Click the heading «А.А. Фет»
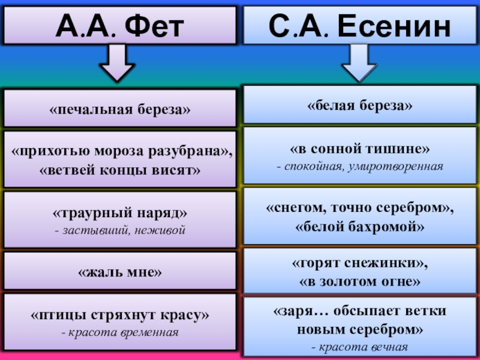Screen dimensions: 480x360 tap(119, 25)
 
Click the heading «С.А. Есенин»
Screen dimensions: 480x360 tap(360, 25)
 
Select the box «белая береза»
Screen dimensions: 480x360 tap(360, 105)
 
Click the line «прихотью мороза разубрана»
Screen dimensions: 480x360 tap(121, 152)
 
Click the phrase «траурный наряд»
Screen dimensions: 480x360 tap(120, 214)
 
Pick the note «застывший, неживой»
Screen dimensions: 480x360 tap(120, 230)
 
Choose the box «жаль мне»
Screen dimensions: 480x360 tap(120, 272)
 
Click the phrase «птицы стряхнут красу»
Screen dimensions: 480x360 tap(120, 315)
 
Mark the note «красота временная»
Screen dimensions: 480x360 tap(120, 331)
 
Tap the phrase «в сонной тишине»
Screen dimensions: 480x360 tap(360, 148)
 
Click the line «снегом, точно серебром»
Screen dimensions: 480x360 tap(360, 208)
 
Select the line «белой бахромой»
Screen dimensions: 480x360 tap(360, 227)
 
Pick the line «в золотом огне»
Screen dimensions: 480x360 tap(360, 280)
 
